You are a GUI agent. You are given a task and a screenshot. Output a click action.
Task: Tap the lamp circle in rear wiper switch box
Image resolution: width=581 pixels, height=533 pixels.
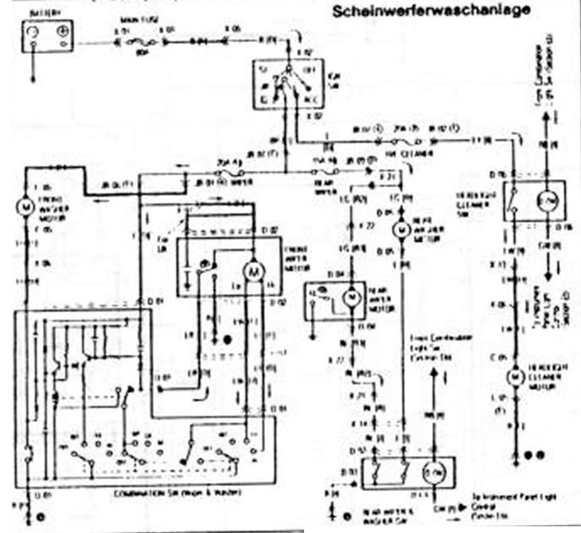[435, 474]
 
